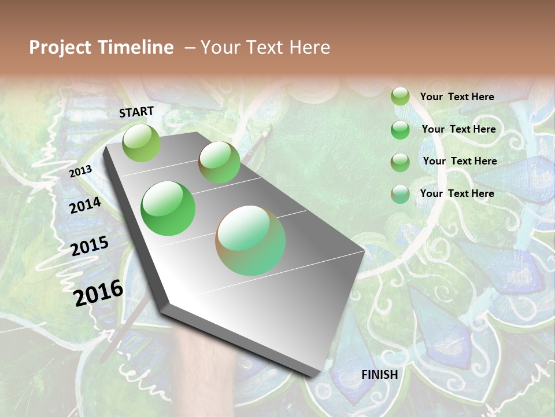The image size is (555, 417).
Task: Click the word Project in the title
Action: (x=60, y=48)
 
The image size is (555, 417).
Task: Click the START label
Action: (x=136, y=112)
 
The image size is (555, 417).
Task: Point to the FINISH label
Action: (x=379, y=375)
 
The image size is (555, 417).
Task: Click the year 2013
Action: (x=80, y=171)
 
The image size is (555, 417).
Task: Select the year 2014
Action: (x=85, y=206)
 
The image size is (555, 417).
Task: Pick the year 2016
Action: (x=98, y=293)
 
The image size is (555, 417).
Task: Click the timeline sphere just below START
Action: (x=141, y=142)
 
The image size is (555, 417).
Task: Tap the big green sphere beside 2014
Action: (x=168, y=209)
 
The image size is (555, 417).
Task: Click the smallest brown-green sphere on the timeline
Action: (x=219, y=162)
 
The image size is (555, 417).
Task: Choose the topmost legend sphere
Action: (x=400, y=97)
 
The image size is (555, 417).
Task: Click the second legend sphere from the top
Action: (x=400, y=130)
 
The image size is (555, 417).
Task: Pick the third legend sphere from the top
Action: (x=400, y=162)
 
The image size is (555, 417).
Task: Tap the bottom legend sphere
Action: (x=400, y=194)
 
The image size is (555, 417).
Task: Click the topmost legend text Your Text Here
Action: (x=457, y=97)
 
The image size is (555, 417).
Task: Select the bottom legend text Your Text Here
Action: (x=457, y=193)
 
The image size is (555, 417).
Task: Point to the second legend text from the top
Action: (x=458, y=129)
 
